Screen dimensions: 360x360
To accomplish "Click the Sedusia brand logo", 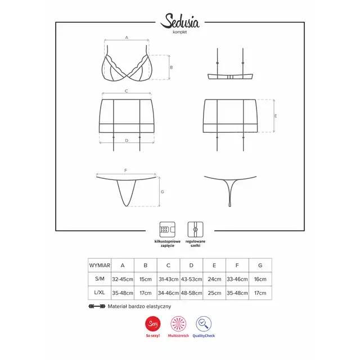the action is point(180,21).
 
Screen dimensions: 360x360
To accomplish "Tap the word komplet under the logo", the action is point(180,32).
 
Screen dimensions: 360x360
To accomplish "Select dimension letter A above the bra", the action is point(127,38).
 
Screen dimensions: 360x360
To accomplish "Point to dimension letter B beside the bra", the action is point(171,67).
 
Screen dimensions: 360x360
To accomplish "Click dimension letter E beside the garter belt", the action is point(276,116).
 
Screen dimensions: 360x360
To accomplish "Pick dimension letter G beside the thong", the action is point(163,192).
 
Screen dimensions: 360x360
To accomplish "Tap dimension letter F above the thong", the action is point(125,170).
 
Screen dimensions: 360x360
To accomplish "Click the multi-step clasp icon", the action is point(168,229).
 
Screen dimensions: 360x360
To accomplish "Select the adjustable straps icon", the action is point(195,229).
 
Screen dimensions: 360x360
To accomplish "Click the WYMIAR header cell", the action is point(100,265).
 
